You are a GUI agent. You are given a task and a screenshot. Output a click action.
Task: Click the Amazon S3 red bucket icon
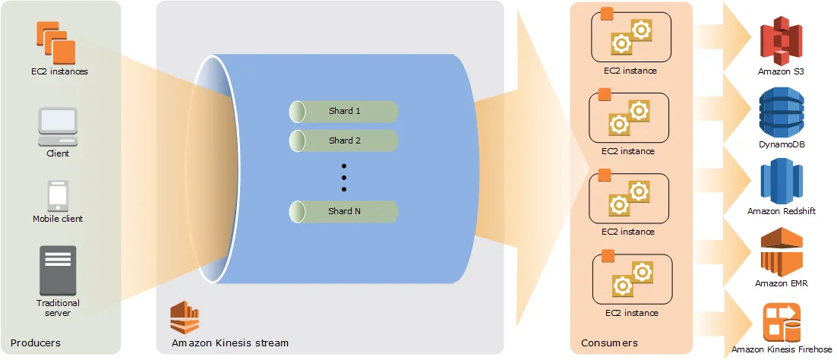(x=782, y=43)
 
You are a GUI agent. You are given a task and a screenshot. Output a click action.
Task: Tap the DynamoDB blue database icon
(x=782, y=112)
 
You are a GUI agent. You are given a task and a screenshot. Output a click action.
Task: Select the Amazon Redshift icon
(x=782, y=182)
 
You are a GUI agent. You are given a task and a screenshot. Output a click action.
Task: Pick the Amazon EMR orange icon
(x=782, y=253)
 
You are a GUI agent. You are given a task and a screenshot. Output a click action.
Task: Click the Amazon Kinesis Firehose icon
(x=782, y=322)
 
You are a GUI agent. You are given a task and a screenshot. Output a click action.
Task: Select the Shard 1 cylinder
(x=344, y=112)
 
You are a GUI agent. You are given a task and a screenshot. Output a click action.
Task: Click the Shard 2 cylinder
(x=344, y=141)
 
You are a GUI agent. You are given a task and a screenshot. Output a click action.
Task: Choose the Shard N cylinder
(x=344, y=212)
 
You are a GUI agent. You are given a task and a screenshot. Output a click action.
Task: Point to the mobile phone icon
(x=58, y=195)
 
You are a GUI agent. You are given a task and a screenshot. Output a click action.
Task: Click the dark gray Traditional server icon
(x=58, y=270)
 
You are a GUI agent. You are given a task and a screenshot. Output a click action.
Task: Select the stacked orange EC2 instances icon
(x=56, y=43)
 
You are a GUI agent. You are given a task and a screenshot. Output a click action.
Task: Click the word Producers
(x=36, y=343)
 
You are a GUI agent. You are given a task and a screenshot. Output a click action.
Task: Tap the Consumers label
(x=609, y=343)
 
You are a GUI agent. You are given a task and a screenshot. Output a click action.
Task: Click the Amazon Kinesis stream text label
(x=230, y=343)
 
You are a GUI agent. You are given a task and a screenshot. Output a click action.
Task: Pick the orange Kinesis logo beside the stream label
(x=183, y=317)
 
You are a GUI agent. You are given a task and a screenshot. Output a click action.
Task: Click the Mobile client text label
(x=58, y=219)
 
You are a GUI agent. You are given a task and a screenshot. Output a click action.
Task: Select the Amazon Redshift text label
(x=782, y=211)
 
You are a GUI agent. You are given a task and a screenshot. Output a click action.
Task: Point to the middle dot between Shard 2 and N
(x=344, y=177)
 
